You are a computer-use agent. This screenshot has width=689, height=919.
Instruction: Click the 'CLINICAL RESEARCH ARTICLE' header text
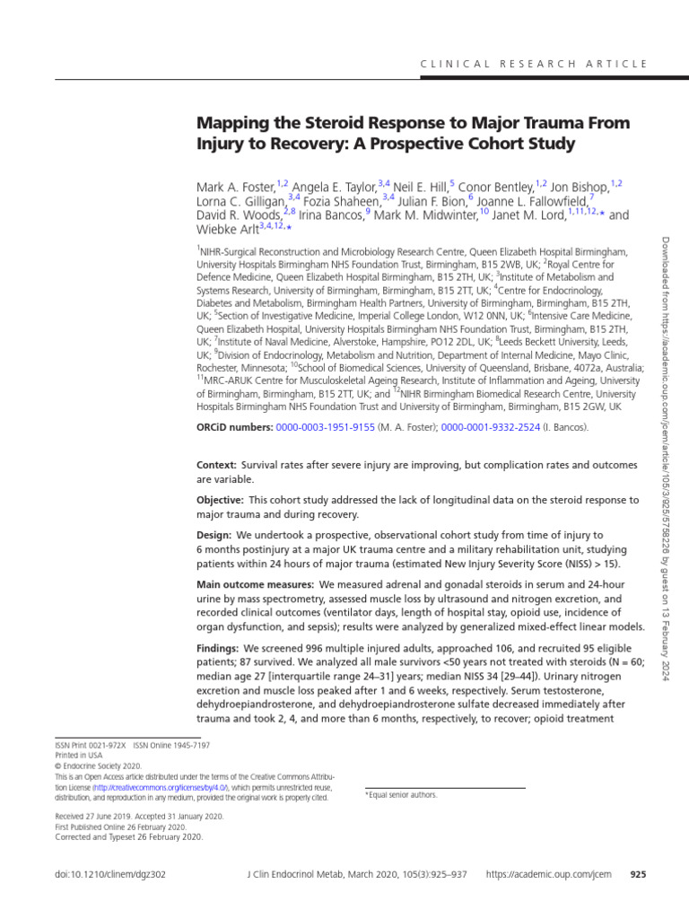pos(534,64)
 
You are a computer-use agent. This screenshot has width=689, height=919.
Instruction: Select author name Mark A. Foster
pos(236,187)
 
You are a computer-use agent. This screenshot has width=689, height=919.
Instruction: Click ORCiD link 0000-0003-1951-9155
pos(325,427)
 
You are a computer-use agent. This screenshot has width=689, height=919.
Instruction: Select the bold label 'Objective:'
pos(220,500)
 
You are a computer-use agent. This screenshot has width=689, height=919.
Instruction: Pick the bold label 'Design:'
pos(214,535)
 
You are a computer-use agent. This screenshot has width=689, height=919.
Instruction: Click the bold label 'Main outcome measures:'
pos(250,584)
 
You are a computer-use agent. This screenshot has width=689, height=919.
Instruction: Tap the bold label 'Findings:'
pos(219,648)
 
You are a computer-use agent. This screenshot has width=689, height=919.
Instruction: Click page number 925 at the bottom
pos(639,873)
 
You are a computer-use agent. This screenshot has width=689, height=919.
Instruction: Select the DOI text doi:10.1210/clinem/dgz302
pos(109,873)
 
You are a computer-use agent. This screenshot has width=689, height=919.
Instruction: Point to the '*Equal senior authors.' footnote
pos(401,795)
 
